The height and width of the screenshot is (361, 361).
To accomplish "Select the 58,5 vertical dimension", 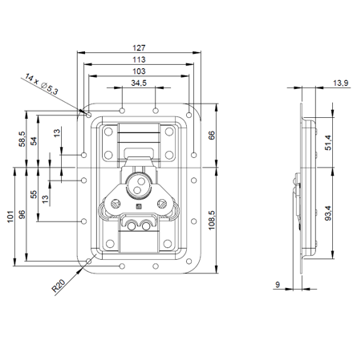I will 22,138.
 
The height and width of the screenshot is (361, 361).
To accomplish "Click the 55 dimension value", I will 34,195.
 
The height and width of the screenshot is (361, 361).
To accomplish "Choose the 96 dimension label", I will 22,215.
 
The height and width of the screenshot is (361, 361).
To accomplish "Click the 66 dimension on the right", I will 211,135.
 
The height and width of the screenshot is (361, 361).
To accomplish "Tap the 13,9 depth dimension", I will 340,83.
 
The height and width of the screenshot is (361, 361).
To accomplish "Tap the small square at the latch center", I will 137,206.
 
